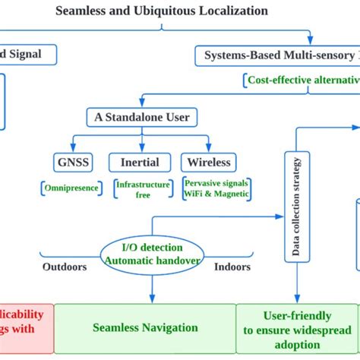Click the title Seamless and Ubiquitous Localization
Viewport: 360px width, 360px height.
(162, 11)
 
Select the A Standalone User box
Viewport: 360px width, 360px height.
(142, 118)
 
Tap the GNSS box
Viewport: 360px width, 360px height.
(74, 162)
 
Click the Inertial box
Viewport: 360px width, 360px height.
(139, 162)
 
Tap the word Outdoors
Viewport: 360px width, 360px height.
(64, 267)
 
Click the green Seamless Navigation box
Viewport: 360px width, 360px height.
(145, 328)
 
